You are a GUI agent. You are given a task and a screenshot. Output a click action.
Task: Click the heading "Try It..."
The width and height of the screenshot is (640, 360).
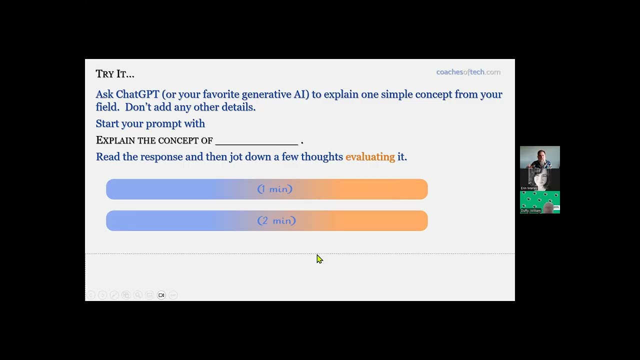pos(115,74)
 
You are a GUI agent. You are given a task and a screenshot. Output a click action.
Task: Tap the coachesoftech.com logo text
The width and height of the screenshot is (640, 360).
pos(468,72)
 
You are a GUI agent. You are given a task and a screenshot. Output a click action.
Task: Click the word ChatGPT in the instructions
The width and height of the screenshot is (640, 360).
pos(137,94)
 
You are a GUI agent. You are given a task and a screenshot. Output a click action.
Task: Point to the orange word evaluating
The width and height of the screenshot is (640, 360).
pos(370,157)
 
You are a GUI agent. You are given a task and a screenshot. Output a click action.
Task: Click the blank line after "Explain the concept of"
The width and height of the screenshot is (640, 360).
pos(256,141)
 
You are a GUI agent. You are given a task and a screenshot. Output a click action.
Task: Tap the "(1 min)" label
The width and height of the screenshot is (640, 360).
pos(274,189)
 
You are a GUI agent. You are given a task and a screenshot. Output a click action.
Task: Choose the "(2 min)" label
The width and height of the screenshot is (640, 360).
pos(276,220)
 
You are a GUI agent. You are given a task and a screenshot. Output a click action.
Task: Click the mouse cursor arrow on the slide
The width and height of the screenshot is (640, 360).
pos(319,258)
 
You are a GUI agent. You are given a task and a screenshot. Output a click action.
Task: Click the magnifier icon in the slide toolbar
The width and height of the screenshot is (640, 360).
pos(137,295)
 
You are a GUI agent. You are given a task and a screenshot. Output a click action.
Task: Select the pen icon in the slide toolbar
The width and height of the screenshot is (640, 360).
pos(114,295)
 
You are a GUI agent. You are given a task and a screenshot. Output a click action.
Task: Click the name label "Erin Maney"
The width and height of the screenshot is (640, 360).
pos(529,188)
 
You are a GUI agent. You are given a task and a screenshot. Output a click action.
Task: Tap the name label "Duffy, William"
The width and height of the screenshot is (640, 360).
pos(531,210)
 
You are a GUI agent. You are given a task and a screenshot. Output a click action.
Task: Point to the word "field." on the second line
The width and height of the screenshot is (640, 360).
pos(107,107)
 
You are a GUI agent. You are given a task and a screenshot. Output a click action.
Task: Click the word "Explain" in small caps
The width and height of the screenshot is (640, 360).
pos(115,140)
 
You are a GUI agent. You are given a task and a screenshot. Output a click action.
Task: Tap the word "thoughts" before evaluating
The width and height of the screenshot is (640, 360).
pos(322,157)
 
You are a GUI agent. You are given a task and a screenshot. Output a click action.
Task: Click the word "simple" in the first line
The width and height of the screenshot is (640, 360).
pos(396,94)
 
